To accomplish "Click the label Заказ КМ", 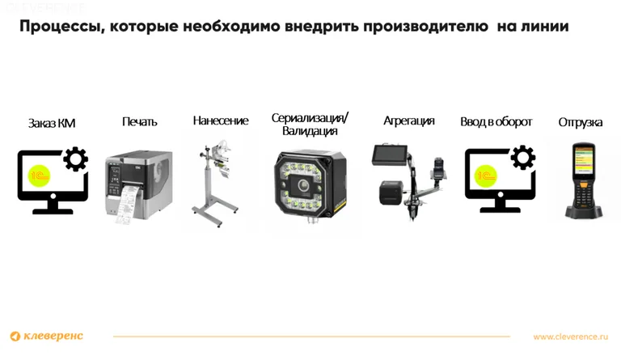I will pos(52,123).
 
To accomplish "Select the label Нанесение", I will pos(220,121).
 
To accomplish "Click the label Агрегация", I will pos(408,121).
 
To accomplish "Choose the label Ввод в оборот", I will pos(496,121).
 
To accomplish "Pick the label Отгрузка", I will pos(580,122).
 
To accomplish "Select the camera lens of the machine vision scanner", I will pos(307,184).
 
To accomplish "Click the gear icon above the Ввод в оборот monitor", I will pos(522,158).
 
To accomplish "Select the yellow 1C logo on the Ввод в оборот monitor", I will pos(486,175).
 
